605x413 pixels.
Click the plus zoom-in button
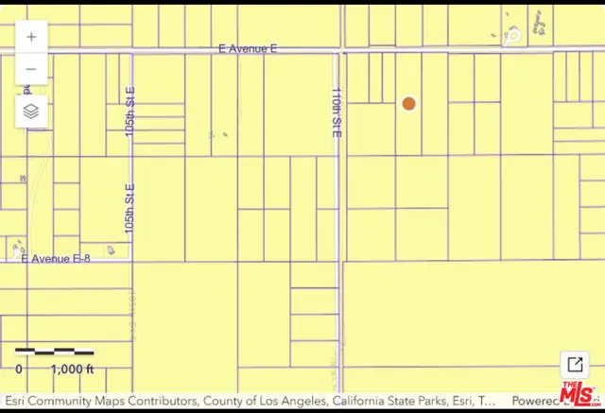pyautogui.click(x=31, y=37)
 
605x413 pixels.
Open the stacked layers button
pyautogui.click(x=31, y=111)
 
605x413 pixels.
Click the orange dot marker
pyautogui.click(x=408, y=104)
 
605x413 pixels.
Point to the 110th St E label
pyautogui.click(x=336, y=113)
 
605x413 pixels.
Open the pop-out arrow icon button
pyautogui.click(x=574, y=365)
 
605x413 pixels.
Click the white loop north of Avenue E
pyautogui.click(x=512, y=36)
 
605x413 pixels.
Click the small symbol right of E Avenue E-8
pyautogui.click(x=112, y=250)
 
